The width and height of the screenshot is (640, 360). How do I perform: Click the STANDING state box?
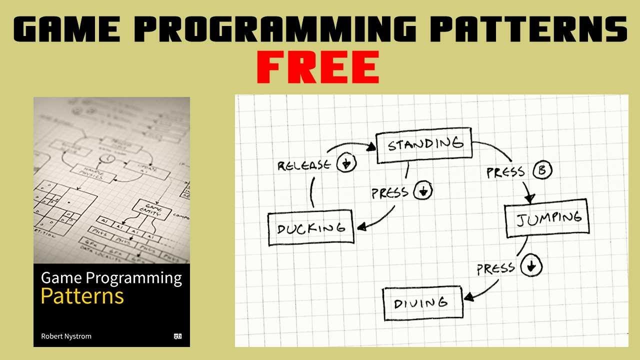(x=424, y=145)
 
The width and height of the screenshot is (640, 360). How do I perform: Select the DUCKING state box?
(x=311, y=229)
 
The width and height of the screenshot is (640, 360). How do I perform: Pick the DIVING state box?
(x=422, y=303)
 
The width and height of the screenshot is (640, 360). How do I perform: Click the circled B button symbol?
(x=542, y=170)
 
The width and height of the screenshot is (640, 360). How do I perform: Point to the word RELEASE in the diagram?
(x=304, y=165)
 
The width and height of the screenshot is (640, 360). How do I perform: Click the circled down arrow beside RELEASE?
(x=346, y=163)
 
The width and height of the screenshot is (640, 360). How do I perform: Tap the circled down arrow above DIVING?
(x=530, y=266)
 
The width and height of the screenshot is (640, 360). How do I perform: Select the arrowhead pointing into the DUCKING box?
(x=361, y=227)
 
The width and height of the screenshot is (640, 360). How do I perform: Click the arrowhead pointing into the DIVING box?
(x=468, y=298)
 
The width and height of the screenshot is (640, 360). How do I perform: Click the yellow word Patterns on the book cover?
(x=82, y=296)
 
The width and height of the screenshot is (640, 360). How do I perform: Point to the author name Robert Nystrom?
(x=66, y=336)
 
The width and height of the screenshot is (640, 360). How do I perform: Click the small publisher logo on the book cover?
(x=177, y=336)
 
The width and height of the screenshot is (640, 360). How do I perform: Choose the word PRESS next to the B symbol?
(x=505, y=172)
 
